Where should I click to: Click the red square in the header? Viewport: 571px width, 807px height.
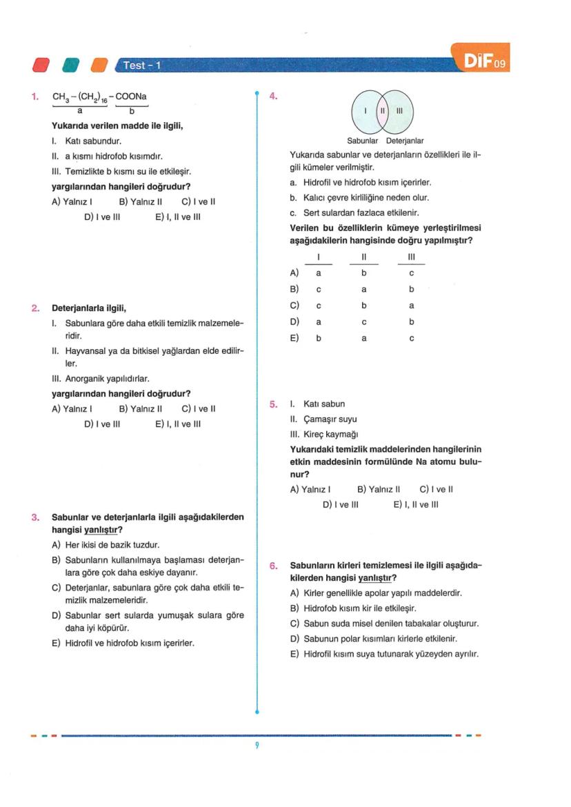[41, 65]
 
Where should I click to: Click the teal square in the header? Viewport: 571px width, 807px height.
[70, 65]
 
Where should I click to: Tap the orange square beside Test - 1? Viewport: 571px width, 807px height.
[100, 65]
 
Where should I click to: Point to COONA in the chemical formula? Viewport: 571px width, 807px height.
[132, 97]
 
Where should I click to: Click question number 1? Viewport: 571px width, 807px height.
[35, 97]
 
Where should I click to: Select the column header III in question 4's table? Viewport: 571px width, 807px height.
[411, 257]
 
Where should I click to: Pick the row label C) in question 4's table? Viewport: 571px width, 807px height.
[294, 305]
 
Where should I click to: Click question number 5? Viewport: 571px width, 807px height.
[274, 404]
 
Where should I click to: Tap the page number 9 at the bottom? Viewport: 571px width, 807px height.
[257, 746]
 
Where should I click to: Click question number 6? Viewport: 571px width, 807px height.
[274, 566]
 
